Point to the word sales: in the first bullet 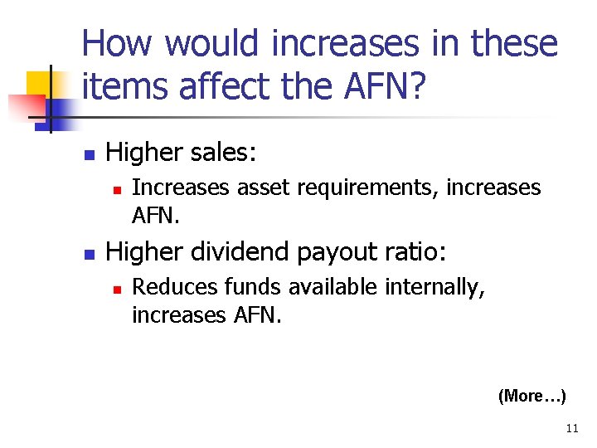point(222,153)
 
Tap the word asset point(260,188)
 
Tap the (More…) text point(531,396)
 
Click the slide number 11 point(571,429)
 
